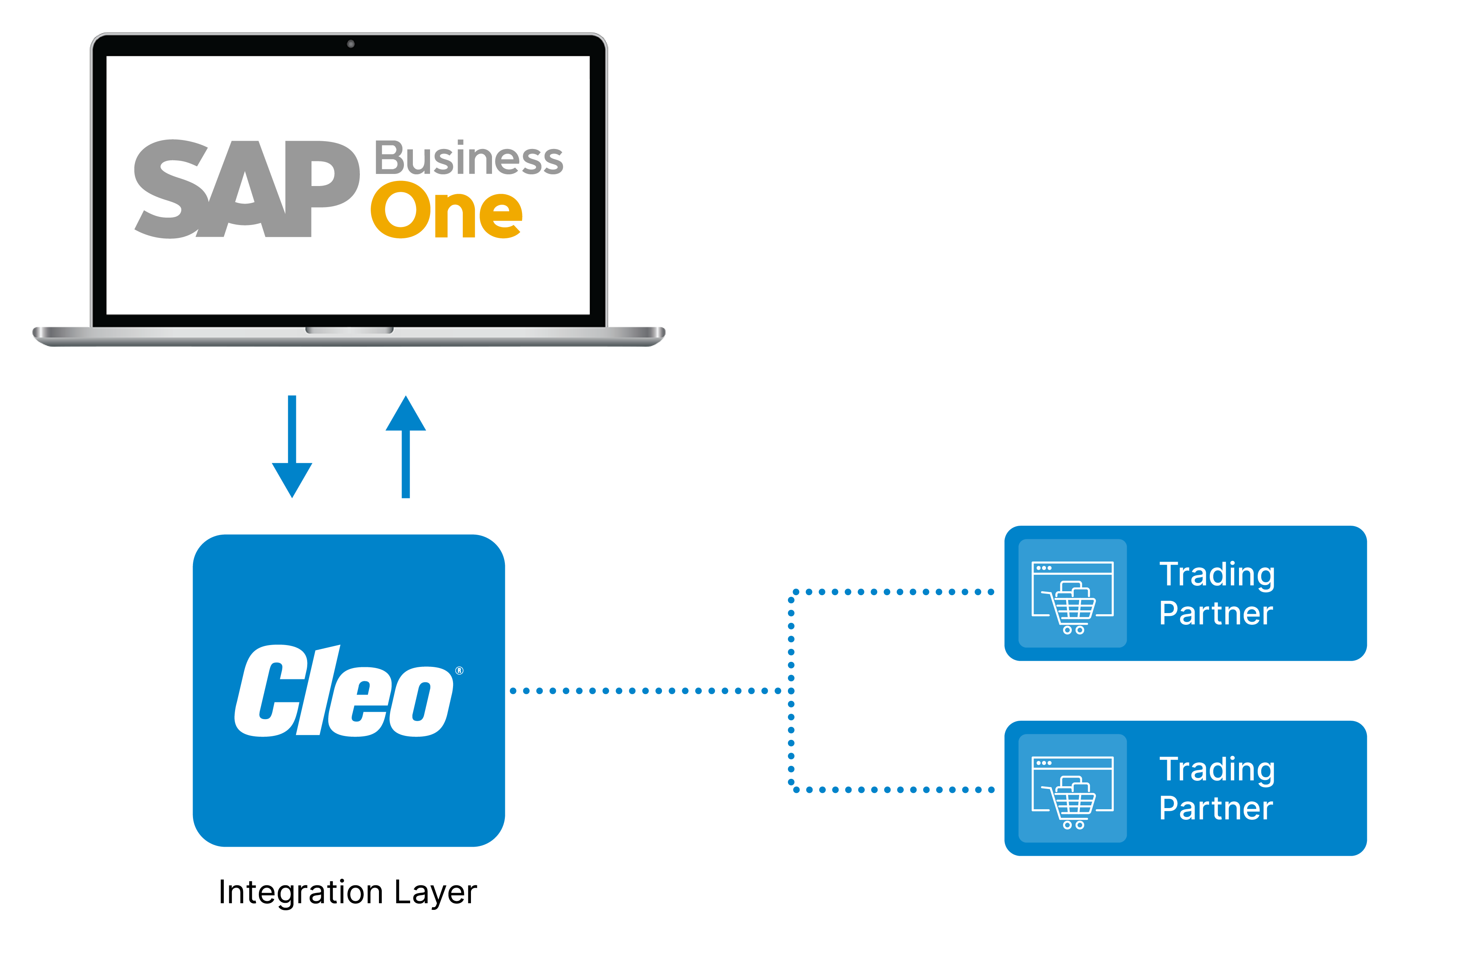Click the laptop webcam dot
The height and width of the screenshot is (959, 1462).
tap(351, 44)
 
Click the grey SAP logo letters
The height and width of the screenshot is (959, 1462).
tap(246, 189)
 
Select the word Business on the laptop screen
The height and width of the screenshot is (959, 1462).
tap(468, 158)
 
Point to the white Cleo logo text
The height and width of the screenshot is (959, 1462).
tap(344, 691)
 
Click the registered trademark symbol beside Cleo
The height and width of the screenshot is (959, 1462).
tap(460, 670)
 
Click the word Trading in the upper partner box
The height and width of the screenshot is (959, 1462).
tap(1217, 574)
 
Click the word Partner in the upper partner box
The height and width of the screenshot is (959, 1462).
tap(1216, 613)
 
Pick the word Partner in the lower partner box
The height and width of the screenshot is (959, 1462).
tap(1216, 808)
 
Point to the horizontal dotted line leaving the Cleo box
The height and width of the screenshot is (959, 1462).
tap(645, 691)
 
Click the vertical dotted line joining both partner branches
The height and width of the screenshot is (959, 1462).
tap(791, 691)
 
